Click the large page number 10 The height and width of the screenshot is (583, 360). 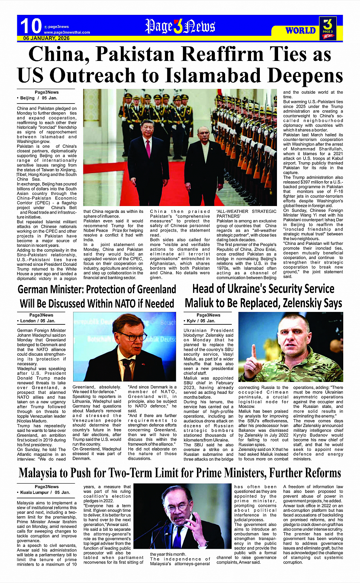[30, 26]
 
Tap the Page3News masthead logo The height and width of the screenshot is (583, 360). [180, 26]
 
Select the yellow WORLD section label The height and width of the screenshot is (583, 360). [301, 30]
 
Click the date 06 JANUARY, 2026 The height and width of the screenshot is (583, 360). [46, 38]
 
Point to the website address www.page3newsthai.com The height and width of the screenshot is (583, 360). [67, 32]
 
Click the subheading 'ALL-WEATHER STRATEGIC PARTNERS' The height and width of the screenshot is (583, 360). [246, 214]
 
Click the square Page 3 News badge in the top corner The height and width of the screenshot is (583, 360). [328, 28]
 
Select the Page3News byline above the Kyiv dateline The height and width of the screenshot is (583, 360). [208, 315]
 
